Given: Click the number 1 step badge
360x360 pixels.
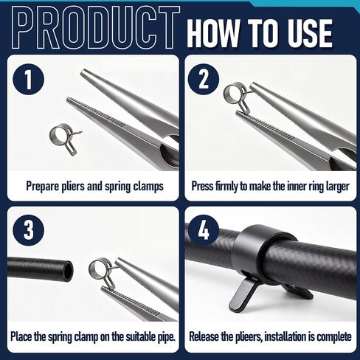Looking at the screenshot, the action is (28, 79).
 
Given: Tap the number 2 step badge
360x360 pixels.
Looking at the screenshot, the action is (204, 79).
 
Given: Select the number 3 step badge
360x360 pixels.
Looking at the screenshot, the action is (28, 230).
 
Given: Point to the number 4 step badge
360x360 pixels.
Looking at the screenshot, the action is (204, 230).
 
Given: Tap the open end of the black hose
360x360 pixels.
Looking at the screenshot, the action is (69, 269).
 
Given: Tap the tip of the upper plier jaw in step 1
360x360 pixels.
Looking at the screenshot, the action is (83, 72).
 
